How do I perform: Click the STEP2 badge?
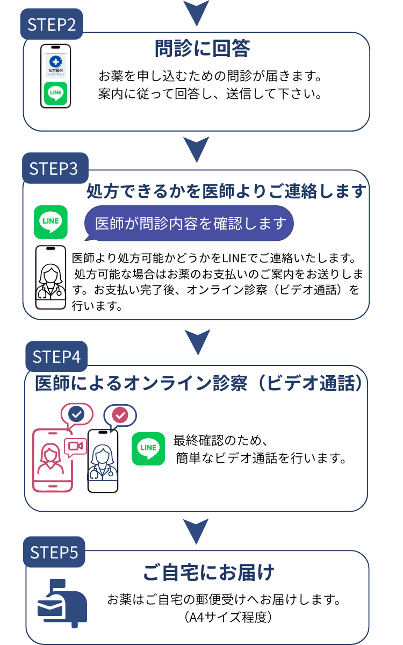tap(52, 24)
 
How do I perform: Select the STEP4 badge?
tap(56, 356)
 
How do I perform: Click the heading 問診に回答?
tap(202, 48)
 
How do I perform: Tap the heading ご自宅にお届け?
tap(208, 572)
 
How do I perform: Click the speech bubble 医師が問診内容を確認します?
tap(189, 223)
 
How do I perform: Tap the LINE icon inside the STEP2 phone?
tap(56, 93)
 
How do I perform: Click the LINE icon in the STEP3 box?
tap(51, 222)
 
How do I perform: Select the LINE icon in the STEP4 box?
tap(148, 448)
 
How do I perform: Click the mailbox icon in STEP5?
tap(62, 603)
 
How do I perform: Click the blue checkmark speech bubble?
tap(77, 414)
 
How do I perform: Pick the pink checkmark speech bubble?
tap(120, 415)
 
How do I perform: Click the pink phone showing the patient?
tap(52, 460)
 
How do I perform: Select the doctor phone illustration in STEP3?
tap(51, 277)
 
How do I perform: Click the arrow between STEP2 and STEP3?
tap(196, 148)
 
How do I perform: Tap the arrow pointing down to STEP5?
tap(196, 531)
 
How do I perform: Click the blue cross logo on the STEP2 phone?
tap(56, 61)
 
